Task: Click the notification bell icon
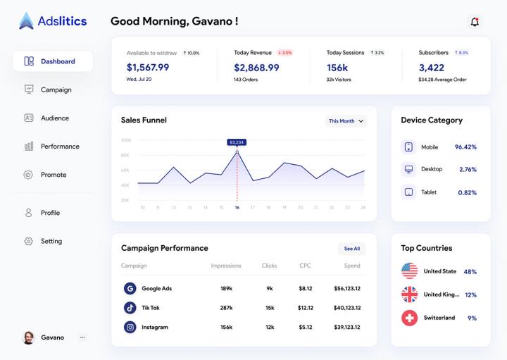point(475,22)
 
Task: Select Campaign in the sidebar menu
point(56,89)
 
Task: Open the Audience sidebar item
point(54,118)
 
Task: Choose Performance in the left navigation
point(59,147)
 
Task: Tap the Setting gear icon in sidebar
point(29,241)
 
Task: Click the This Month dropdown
point(346,121)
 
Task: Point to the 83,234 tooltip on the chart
point(237,142)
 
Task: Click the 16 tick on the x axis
point(237,207)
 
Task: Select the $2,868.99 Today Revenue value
point(256,68)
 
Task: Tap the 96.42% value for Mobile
point(465,147)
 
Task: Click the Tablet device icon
point(408,192)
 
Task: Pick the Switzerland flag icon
point(409,318)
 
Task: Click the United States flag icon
point(409,271)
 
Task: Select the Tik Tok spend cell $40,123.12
point(347,308)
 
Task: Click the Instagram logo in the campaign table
point(130,327)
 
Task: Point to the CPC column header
point(305,266)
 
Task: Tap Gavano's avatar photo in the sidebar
point(29,337)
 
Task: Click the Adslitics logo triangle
point(26,21)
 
